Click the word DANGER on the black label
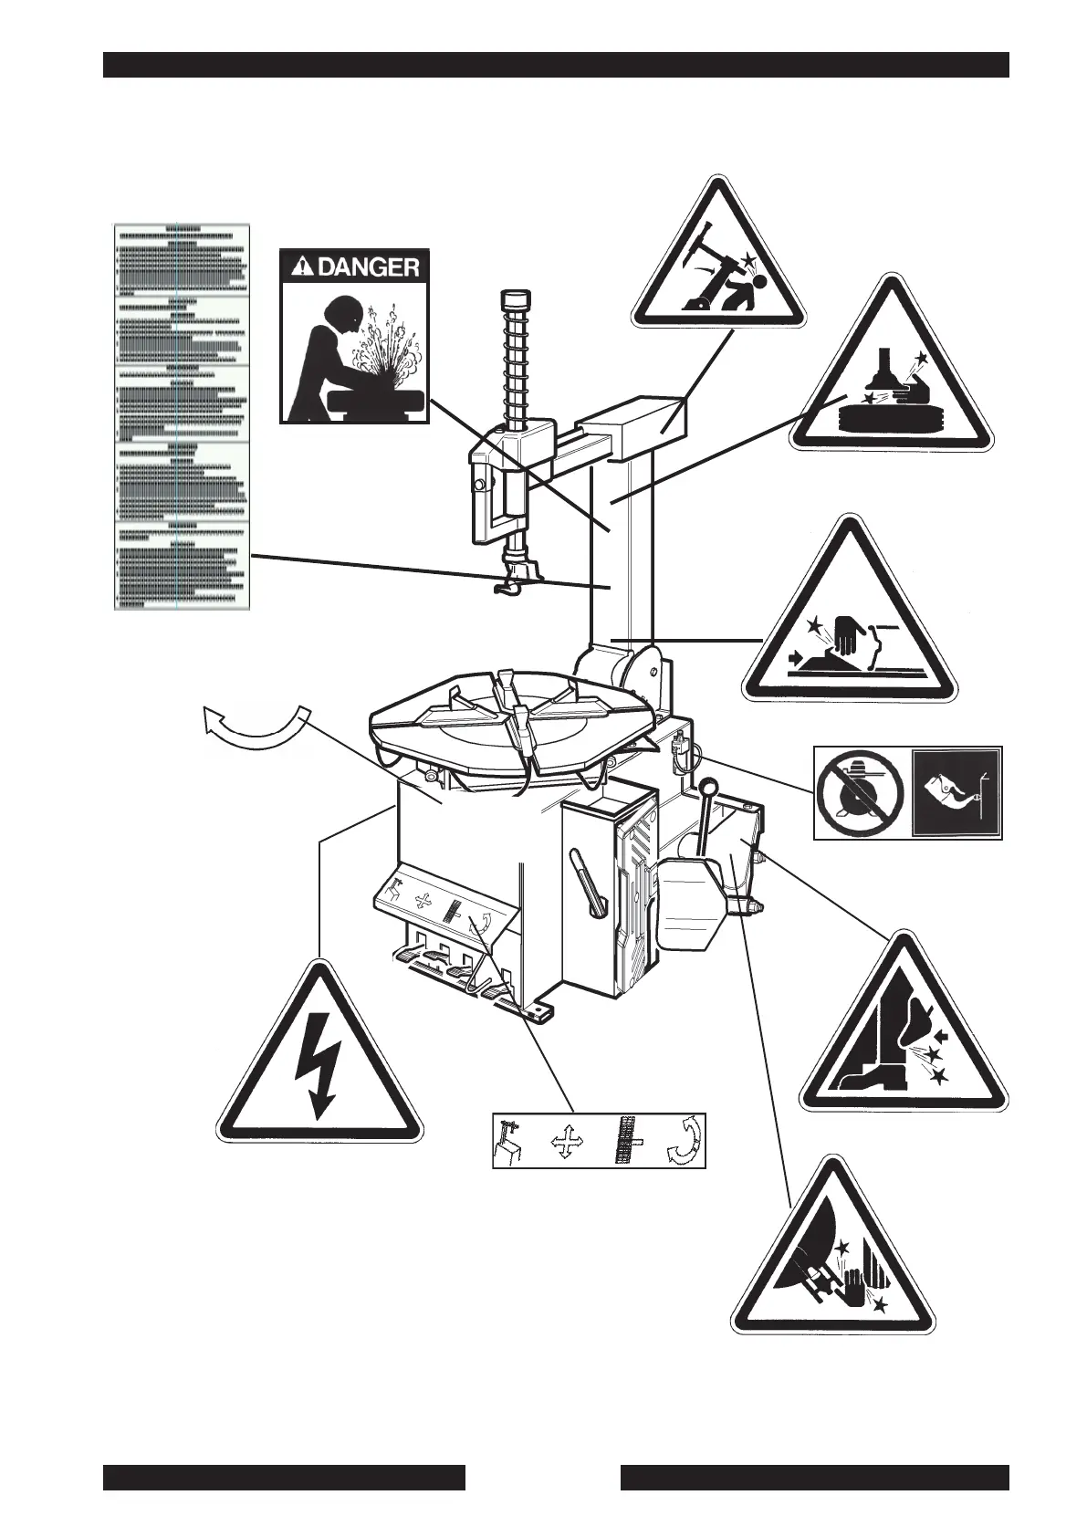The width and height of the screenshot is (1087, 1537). [x=369, y=267]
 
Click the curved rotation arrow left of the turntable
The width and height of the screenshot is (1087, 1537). [x=252, y=727]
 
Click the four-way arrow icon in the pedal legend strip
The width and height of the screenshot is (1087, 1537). [x=565, y=1142]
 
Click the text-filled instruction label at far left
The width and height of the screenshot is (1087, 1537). [x=181, y=415]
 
